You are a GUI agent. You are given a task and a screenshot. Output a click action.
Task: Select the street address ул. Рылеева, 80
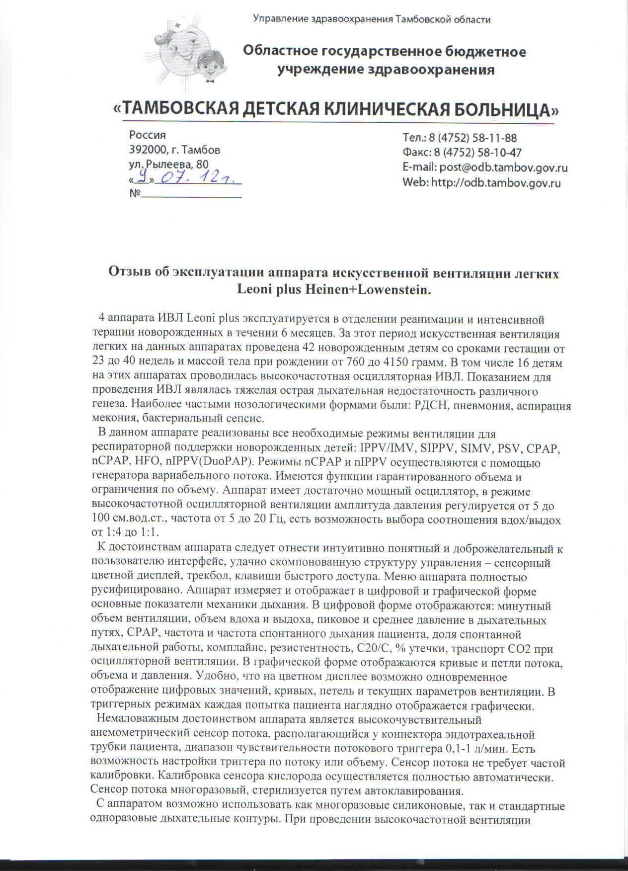(169, 164)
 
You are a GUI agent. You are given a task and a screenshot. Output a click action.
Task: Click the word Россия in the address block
(148, 135)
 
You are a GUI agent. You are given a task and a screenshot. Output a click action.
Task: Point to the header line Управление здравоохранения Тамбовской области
(372, 20)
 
